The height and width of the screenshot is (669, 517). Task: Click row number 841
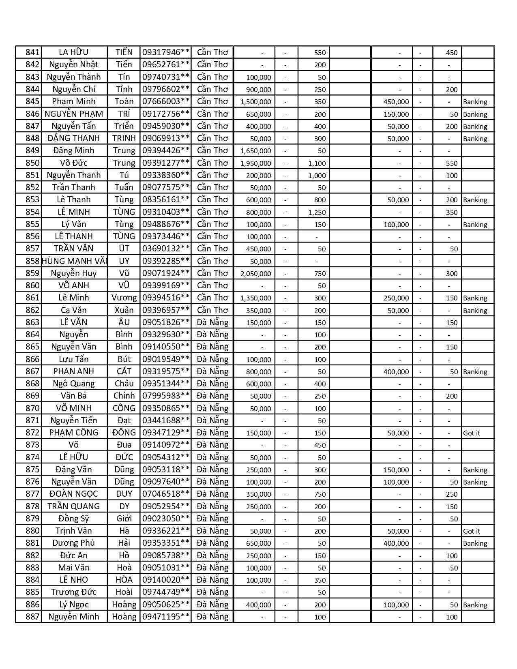coord(32,52)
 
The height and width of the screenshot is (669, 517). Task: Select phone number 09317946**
coord(166,52)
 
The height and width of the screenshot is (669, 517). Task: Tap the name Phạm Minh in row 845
coord(74,101)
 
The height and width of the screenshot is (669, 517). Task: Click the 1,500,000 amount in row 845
coord(255,102)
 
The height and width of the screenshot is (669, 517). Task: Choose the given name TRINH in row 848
coord(124,138)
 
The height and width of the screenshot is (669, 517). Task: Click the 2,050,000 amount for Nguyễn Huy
coord(255,274)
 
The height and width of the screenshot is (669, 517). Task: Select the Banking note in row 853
coord(475,200)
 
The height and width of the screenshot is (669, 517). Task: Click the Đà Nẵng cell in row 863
coord(212,322)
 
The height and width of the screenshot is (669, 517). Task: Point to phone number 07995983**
coord(166,396)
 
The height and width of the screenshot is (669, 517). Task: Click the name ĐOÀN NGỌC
coord(74,494)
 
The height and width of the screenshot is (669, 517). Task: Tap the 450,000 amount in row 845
coord(396,102)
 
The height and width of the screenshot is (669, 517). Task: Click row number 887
coord(32,617)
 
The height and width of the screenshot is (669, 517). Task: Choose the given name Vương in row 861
coord(124,298)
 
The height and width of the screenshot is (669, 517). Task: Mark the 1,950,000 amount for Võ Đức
coord(255,163)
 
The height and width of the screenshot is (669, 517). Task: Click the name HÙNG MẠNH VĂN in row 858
coord(74,261)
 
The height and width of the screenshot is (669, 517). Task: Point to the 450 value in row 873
coord(320,445)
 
